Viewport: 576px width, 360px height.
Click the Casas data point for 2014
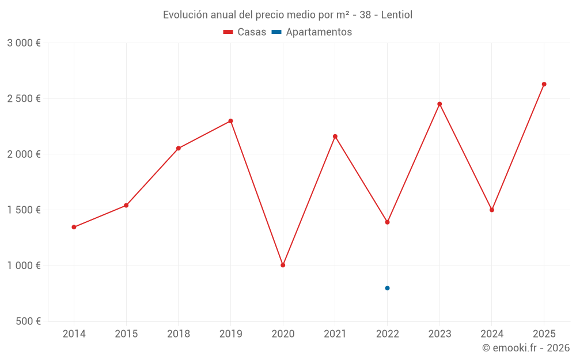click(74, 227)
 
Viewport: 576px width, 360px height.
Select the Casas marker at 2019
click(230, 121)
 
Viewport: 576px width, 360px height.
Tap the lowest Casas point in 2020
click(283, 265)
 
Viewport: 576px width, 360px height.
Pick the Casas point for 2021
click(335, 137)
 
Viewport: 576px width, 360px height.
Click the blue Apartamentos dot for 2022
click(387, 288)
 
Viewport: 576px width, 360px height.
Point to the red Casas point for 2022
click(387, 222)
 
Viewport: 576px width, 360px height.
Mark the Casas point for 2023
click(439, 104)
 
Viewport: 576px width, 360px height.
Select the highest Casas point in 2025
click(544, 84)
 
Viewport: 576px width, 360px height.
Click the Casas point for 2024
click(492, 210)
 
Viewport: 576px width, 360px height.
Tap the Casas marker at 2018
click(179, 148)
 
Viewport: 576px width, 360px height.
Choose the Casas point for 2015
click(126, 205)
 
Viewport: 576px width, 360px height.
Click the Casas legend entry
click(245, 32)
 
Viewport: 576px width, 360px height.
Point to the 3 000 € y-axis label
click(24, 43)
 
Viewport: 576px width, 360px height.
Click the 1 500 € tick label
click(24, 210)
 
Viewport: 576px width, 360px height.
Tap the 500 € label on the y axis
click(28, 321)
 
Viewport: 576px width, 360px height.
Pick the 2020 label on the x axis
click(283, 334)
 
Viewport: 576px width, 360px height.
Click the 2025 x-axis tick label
click(544, 334)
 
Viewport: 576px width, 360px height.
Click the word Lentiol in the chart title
click(397, 15)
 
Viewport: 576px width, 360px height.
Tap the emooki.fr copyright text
click(526, 348)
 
